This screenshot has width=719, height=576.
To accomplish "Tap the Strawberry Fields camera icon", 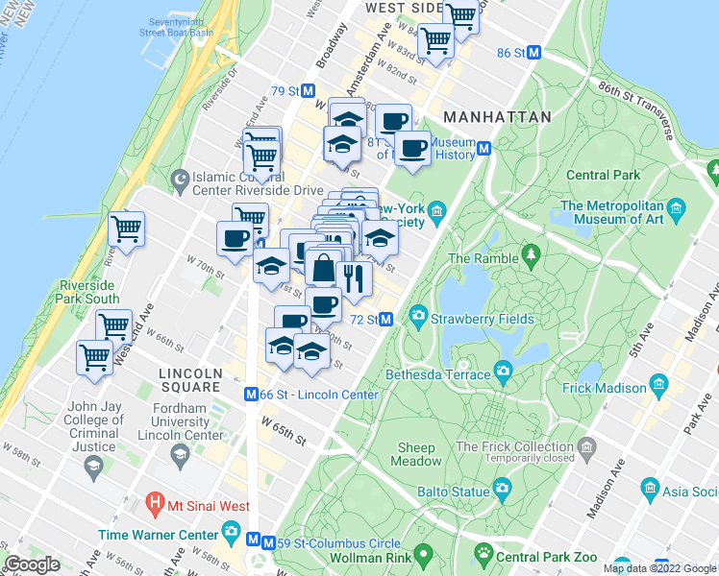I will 419,315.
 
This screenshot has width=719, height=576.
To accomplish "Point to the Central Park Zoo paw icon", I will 483,554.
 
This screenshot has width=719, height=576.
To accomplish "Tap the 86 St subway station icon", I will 534,53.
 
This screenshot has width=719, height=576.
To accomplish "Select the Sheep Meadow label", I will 416,454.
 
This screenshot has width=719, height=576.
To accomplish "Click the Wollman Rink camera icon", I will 421,557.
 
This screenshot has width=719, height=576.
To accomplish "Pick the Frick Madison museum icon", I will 658,384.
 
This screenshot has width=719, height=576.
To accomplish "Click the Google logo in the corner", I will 32,564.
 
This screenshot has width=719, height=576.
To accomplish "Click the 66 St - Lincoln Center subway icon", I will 251,394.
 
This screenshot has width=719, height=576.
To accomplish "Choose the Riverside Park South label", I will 103,292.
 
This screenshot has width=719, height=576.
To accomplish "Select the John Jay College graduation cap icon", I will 93,467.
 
